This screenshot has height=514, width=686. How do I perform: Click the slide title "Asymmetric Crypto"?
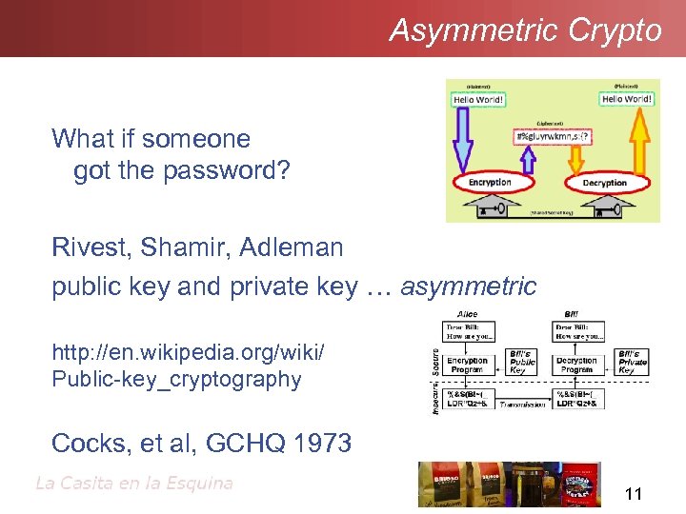coord(525,30)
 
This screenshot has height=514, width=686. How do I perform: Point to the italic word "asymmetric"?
coord(469,286)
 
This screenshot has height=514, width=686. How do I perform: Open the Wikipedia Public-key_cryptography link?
coord(188,366)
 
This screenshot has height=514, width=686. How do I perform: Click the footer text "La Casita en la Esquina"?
coord(133,483)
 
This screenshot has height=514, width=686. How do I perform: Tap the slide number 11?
coord(634,493)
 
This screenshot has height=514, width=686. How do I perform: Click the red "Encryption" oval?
coord(490,182)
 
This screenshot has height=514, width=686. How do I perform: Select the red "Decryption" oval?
coord(604,183)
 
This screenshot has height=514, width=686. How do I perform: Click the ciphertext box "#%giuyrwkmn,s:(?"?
coord(553,136)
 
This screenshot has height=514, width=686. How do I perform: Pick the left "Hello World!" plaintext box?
coord(478,99)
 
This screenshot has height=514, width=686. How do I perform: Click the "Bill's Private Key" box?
coord(634,361)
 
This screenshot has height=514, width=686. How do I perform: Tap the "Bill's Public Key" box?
coord(525,362)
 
